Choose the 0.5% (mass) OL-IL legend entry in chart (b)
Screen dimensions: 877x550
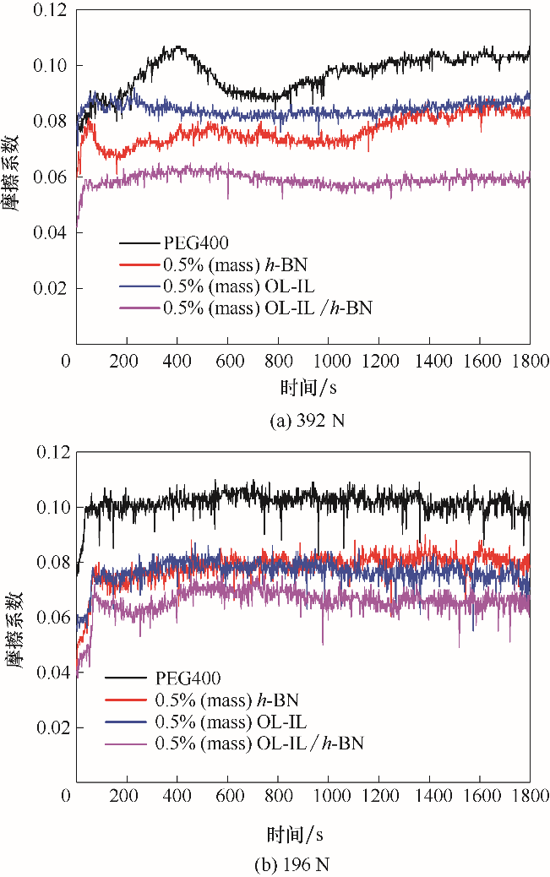pyautogui.click(x=230, y=722)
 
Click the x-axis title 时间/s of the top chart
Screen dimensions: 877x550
pyautogui.click(x=302, y=389)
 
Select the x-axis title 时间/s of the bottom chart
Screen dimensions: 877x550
pyautogui.click(x=302, y=835)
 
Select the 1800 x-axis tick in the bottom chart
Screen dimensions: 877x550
pyautogui.click(x=529, y=796)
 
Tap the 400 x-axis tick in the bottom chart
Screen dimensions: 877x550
pyautogui.click(x=177, y=796)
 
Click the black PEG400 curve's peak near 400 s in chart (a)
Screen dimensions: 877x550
pyautogui.click(x=178, y=48)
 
